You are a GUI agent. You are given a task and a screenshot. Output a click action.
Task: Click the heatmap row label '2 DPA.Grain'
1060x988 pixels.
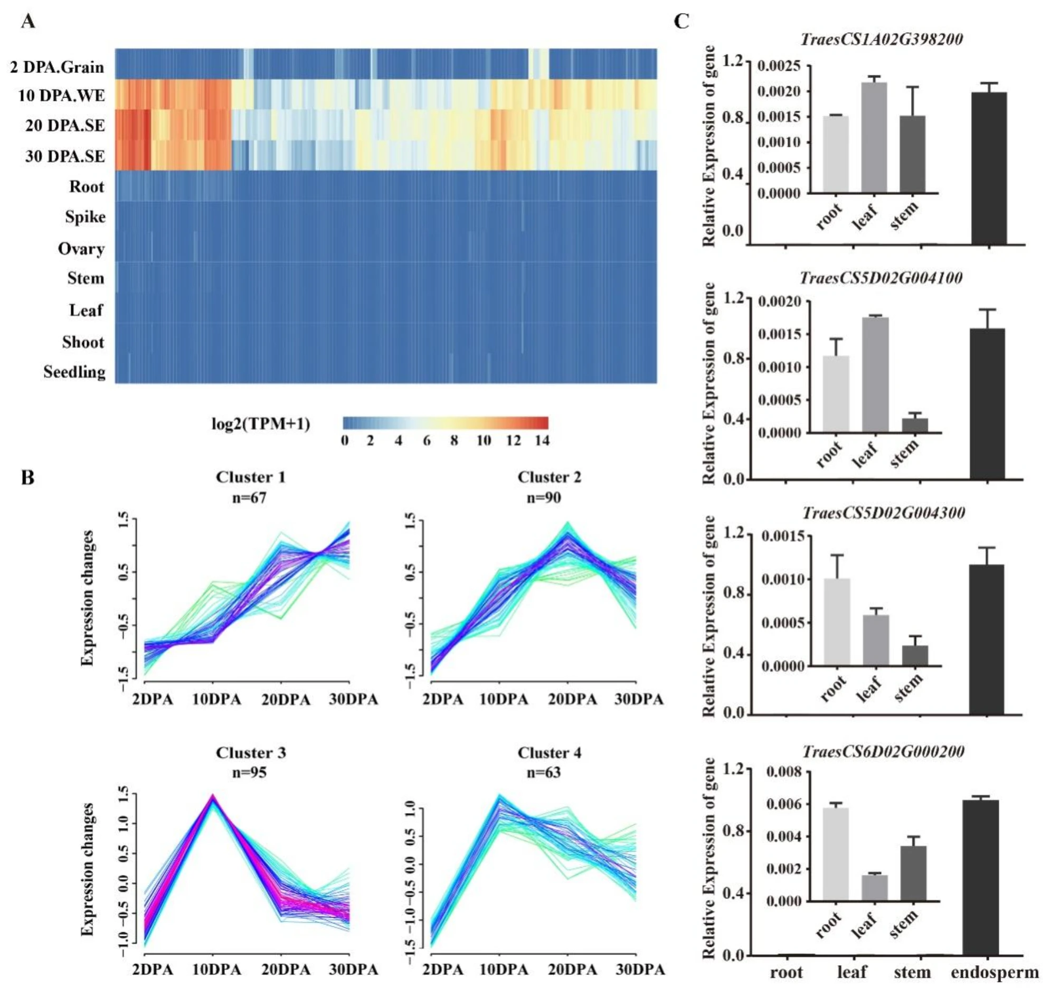56,67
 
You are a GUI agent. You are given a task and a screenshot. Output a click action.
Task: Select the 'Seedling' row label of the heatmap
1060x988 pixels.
74,372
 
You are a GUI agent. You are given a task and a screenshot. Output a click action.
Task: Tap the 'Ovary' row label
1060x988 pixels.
81,249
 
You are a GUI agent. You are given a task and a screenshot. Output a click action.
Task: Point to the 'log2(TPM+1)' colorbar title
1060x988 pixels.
261,424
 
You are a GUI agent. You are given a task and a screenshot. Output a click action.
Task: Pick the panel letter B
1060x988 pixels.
28,477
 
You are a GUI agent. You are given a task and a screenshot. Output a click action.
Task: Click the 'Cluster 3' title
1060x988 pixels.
251,752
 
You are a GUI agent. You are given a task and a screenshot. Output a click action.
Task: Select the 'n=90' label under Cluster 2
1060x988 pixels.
544,497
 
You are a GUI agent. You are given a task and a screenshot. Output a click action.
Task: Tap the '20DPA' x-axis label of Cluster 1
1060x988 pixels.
285,699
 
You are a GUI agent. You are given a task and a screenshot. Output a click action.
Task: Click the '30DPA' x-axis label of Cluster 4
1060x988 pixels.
640,970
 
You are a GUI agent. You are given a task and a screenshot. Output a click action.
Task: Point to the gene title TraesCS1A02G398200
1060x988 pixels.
882,40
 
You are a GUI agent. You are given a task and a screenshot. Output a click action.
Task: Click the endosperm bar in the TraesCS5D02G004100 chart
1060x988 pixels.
987,404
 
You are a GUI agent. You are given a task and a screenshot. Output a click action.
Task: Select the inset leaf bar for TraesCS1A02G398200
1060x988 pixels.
874,138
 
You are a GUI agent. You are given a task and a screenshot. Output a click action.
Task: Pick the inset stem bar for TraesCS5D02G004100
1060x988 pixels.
915,425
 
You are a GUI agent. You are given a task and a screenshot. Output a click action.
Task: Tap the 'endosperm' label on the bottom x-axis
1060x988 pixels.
995,972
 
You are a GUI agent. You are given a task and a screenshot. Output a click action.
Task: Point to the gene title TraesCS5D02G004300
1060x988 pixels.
884,513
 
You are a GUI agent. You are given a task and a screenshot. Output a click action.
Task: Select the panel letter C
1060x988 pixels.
682,21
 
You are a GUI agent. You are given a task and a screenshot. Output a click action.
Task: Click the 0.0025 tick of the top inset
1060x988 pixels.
779,66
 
